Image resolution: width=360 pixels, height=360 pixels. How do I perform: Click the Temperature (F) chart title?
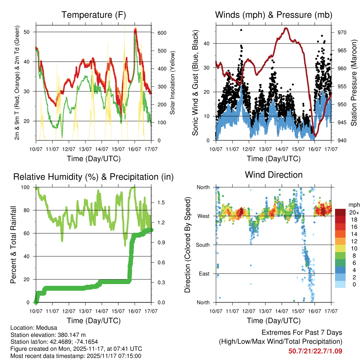[x=94, y=15]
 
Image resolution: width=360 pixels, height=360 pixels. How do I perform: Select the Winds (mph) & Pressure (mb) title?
[x=274, y=15]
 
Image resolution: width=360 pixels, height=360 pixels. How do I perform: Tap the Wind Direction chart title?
[x=274, y=174]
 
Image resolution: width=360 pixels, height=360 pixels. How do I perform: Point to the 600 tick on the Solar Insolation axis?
[x=162, y=33]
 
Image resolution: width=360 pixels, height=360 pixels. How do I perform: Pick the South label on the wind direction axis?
[x=203, y=245]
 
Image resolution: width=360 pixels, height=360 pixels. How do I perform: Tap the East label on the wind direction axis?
[x=204, y=274]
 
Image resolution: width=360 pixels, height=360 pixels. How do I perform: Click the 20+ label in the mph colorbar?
[x=353, y=213]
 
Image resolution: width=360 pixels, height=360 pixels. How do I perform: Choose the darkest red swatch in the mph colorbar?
[x=340, y=213]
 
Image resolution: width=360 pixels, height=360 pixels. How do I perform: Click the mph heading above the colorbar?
[x=353, y=205]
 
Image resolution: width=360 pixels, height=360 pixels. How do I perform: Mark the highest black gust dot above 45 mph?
[x=241, y=30]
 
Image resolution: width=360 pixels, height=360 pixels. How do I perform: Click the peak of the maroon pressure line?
[x=286, y=28]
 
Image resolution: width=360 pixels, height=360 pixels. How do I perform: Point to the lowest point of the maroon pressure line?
[x=315, y=136]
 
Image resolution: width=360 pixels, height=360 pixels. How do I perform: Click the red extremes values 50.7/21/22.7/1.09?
[x=315, y=351]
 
